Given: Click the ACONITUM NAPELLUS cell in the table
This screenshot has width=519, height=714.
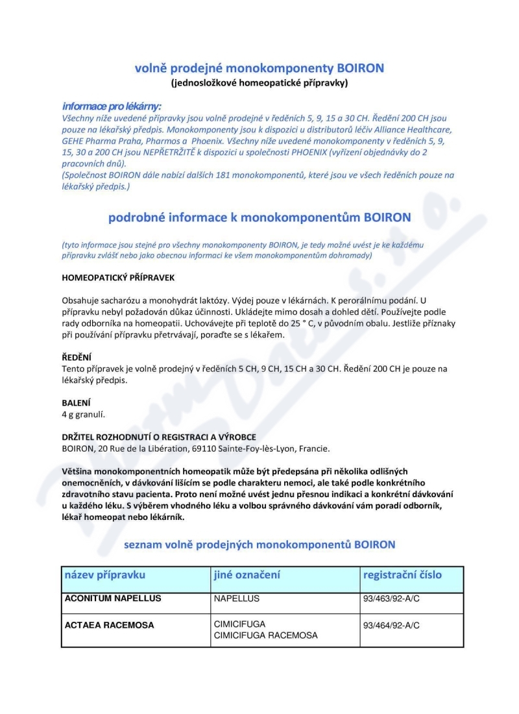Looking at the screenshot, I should coord(112,598).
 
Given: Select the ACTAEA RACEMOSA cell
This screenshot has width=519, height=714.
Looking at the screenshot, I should coord(109,625).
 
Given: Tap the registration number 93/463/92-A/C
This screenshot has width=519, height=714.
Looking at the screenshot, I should coord(391,598).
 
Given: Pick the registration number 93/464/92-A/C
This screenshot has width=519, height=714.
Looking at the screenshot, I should coord(391,625).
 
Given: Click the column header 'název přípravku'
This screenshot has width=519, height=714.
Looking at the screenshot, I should coord(105,575).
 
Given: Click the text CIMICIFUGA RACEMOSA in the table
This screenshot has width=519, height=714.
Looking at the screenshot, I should coord(265,635).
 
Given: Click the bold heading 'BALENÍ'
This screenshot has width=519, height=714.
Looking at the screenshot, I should coord(76,402).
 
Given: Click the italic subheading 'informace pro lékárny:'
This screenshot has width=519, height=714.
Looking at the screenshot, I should coord(112,106).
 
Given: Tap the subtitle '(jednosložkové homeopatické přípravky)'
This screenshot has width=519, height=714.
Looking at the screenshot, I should coord(259,83).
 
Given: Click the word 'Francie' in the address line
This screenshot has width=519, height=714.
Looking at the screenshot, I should coord(313,448).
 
